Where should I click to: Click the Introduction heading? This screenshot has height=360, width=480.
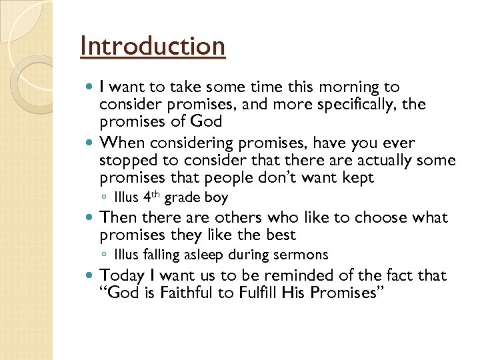point(153,47)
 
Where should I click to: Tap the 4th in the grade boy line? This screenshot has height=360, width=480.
point(151,197)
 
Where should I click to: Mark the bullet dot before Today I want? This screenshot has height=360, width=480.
point(90,276)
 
